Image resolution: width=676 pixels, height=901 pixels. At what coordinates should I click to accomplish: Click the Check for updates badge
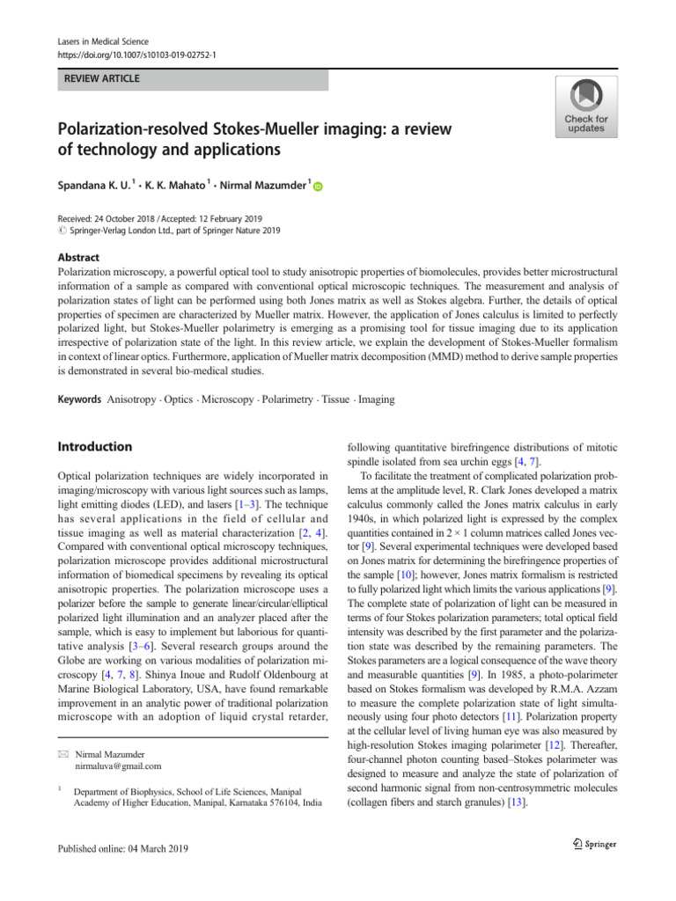click(x=585, y=106)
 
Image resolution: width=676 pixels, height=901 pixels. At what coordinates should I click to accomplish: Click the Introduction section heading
click(x=94, y=447)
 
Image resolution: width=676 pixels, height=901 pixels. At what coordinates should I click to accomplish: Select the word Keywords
click(x=77, y=399)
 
